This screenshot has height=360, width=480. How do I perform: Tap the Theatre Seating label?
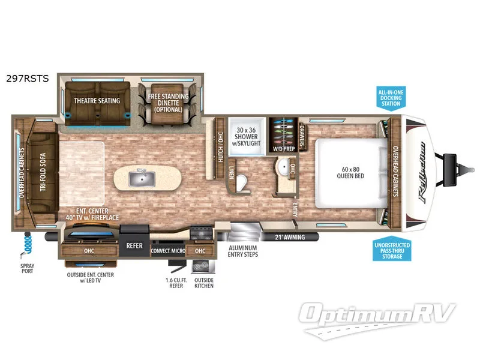coord(97,101)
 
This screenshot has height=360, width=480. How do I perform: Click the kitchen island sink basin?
coord(142,178)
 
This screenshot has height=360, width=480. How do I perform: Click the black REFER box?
coord(134,245)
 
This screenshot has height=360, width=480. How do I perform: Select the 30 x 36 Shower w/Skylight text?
coord(247,137)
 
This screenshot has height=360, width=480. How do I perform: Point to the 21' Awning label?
coord(290,237)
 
